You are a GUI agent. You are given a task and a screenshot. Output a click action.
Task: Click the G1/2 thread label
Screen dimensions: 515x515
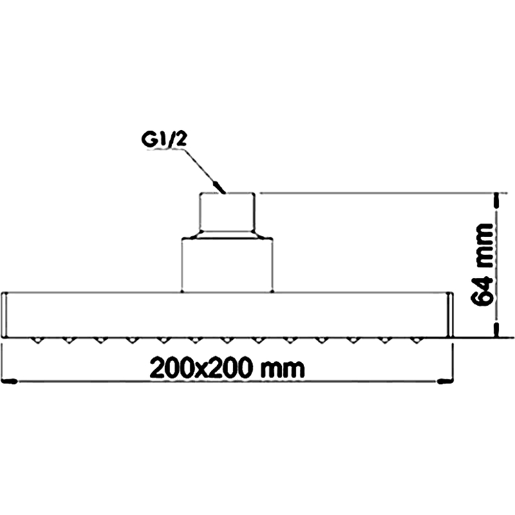[x=164, y=140]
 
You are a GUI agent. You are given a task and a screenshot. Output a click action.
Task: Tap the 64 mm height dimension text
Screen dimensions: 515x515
[x=482, y=265]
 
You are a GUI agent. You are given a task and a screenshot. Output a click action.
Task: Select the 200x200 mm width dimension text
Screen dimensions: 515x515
[x=227, y=368]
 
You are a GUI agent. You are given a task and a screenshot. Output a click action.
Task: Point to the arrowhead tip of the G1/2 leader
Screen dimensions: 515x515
[x=225, y=192]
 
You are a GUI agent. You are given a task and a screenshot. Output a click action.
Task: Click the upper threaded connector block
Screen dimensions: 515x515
[x=227, y=212]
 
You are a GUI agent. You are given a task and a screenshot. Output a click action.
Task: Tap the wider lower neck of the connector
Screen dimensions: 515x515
[x=227, y=265]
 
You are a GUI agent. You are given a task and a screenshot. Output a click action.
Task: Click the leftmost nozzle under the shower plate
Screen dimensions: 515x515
[x=38, y=341]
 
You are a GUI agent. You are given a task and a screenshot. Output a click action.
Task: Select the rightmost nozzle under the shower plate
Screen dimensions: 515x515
[x=416, y=341]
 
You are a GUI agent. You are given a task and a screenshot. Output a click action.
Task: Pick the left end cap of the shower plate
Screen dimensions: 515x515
[x=5, y=315]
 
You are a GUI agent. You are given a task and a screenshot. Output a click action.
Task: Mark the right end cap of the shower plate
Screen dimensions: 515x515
[x=451, y=315]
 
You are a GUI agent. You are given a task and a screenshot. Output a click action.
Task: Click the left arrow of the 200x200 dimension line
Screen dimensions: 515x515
[x=9, y=381]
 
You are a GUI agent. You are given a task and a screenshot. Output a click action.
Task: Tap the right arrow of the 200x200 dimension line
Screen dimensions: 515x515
[x=445, y=381]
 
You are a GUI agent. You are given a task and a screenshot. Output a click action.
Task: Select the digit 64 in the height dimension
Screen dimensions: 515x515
[x=482, y=289]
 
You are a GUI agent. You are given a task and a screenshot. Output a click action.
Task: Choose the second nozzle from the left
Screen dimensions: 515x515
[x=69, y=341]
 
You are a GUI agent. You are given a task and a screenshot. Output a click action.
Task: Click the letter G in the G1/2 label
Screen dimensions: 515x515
[x=147, y=140]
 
